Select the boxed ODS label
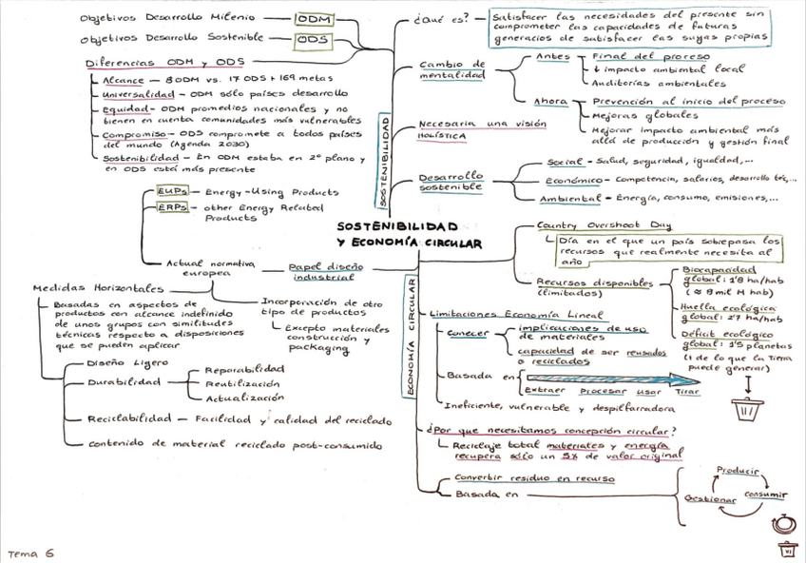pos(311,40)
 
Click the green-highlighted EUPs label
pos(172,191)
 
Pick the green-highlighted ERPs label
pos(172,206)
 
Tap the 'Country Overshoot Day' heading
pos(604,225)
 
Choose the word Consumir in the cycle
pos(765,494)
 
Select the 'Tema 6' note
pos(30,553)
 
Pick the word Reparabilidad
pos(244,368)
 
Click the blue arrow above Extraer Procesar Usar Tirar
pos(609,379)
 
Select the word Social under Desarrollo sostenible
pos(565,162)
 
